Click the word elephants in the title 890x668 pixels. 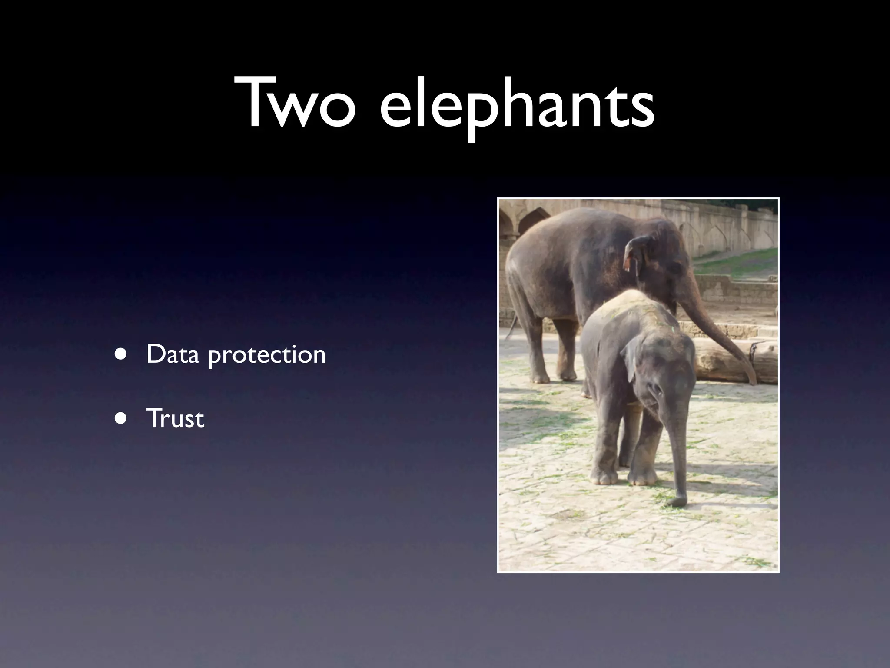point(517,107)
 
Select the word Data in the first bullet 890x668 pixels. point(172,354)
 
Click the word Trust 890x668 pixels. point(175,418)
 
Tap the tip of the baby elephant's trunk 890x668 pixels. point(676,502)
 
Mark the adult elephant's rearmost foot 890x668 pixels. point(539,377)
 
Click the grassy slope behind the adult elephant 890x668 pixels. point(739,261)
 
